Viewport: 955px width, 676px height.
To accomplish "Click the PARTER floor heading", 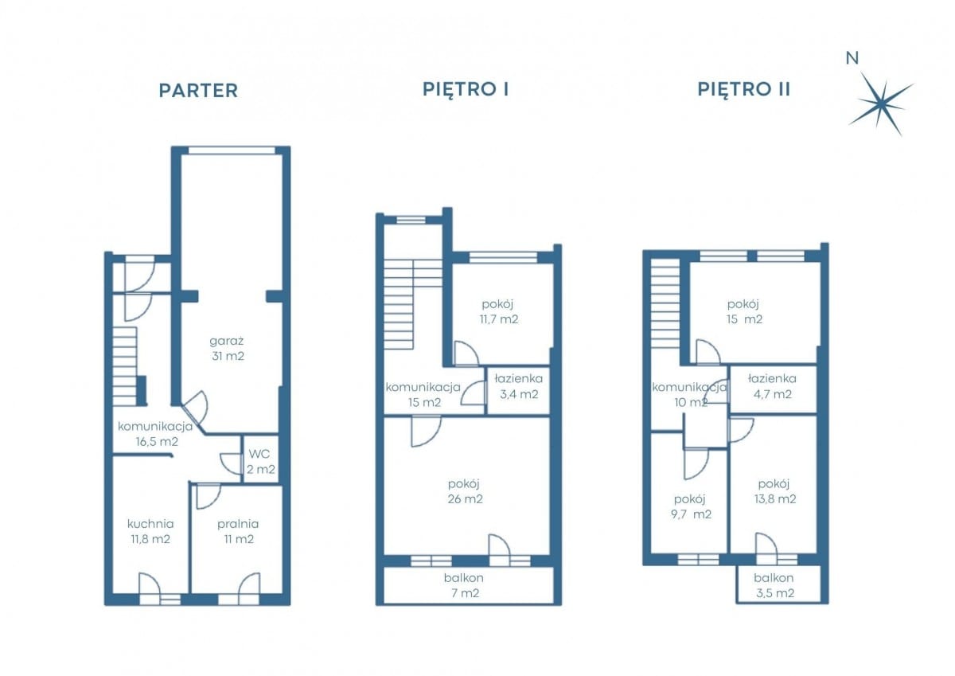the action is pyautogui.click(x=198, y=91).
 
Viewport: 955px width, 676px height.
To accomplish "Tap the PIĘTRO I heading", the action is pyautogui.click(x=466, y=89).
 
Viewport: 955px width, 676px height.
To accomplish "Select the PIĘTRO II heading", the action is pyautogui.click(x=744, y=89).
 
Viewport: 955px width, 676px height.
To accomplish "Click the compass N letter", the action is pyautogui.click(x=852, y=58).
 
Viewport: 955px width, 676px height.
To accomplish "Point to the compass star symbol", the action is pyautogui.click(x=881, y=104).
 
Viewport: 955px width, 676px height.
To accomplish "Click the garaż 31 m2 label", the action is pyautogui.click(x=228, y=349).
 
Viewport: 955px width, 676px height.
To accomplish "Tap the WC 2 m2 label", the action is pyautogui.click(x=260, y=462).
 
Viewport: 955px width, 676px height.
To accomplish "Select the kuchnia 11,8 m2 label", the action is pyautogui.click(x=150, y=531).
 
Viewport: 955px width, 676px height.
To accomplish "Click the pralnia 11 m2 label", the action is pyautogui.click(x=238, y=531).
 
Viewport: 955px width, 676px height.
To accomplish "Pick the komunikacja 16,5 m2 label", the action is pyautogui.click(x=156, y=434).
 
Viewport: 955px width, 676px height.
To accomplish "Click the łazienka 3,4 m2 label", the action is pyautogui.click(x=518, y=386).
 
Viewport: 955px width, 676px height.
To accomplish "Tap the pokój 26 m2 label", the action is pyautogui.click(x=465, y=491).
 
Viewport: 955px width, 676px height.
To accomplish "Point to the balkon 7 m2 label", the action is pyautogui.click(x=463, y=585).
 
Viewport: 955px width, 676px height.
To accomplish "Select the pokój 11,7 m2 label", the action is pyautogui.click(x=498, y=312).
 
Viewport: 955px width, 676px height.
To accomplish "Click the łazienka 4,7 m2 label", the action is pyautogui.click(x=772, y=386).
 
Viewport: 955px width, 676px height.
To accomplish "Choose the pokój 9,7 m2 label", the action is pyautogui.click(x=691, y=506).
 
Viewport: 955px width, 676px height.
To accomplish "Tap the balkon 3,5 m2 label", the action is pyautogui.click(x=774, y=585).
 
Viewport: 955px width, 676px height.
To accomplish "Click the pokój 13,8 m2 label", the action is pyautogui.click(x=774, y=491).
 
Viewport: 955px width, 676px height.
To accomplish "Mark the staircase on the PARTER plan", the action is pyautogui.click(x=126, y=366).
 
